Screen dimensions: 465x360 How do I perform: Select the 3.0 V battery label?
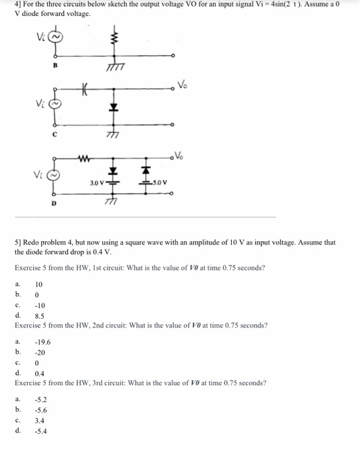tap(95, 181)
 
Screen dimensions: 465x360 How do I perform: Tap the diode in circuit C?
tap(114, 106)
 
